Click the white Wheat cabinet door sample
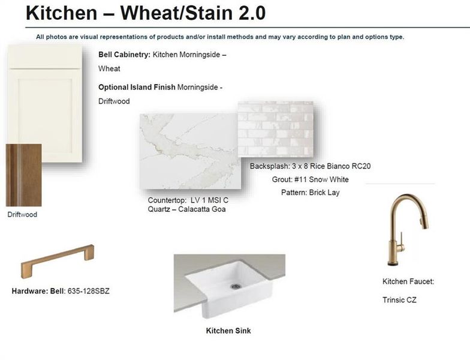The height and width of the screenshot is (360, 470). tap(44, 102)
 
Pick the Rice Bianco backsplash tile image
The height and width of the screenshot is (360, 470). tap(275, 129)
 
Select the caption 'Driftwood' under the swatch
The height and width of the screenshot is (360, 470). tap(22, 214)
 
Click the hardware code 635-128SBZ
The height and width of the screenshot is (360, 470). tap(88, 292)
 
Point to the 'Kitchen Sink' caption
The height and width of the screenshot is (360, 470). tap(228, 331)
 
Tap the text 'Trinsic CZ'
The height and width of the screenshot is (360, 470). tap(399, 299)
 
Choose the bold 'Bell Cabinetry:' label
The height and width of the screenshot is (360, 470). tap(124, 55)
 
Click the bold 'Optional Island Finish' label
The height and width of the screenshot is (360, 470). tap(137, 88)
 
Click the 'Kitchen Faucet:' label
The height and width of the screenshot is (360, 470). tap(408, 281)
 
